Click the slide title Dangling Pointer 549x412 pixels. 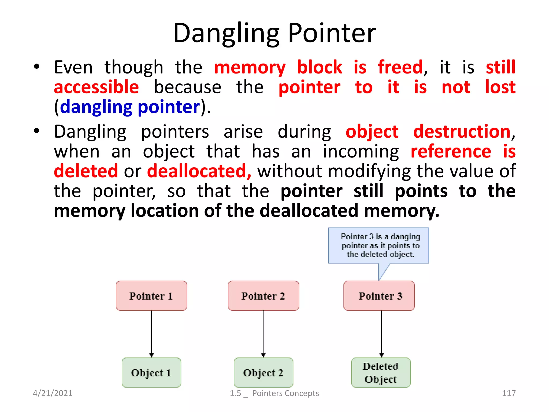coord(274,33)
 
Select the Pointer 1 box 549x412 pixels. coord(151,296)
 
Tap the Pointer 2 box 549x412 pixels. coord(263,296)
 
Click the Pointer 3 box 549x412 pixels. coord(379,296)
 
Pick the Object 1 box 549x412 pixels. coord(151,372)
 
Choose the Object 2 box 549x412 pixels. coord(263,372)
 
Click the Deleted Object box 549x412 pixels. coord(381,372)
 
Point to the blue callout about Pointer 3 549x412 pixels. coord(379,245)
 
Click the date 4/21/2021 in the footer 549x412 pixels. coord(53,393)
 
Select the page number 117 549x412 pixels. coord(509,393)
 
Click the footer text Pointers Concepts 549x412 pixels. coord(285,393)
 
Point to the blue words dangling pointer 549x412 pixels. coord(130,107)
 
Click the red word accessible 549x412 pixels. coord(96,87)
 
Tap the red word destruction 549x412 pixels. coord(462,131)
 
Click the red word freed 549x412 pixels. coord(400,67)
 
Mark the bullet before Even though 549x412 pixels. coord(37,66)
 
